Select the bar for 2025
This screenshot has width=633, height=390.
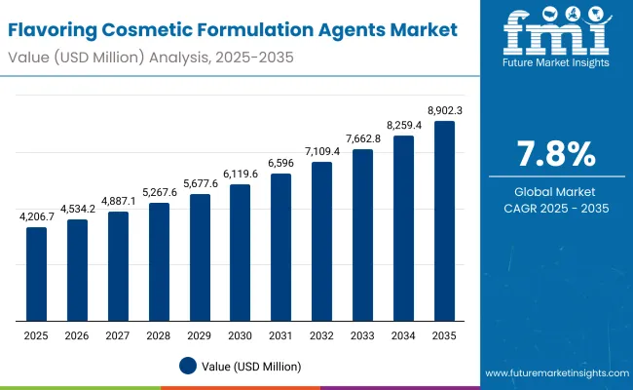36,274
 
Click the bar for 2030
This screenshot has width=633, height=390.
240,253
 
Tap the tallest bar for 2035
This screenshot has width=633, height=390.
443,221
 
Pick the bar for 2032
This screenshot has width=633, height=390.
321,242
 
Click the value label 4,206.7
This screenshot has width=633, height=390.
36,217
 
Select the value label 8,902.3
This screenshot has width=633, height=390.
444,111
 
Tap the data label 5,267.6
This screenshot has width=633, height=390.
159,192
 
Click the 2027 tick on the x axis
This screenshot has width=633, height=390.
118,334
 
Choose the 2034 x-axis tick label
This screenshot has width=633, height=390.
403,334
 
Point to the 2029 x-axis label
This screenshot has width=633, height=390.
199,334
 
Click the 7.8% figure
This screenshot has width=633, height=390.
554,155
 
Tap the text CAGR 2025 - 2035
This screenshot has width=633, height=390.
554,208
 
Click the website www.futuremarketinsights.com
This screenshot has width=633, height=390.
553,373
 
